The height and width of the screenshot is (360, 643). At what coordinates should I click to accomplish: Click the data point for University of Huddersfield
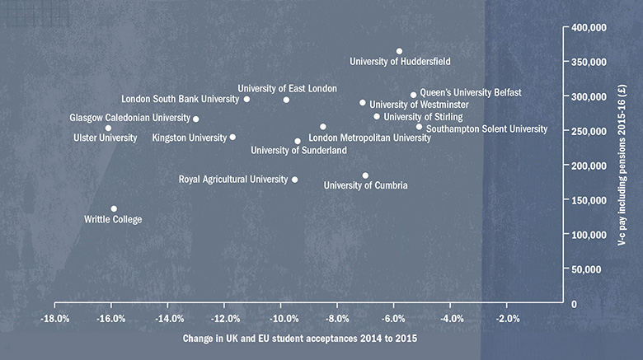coord(399,51)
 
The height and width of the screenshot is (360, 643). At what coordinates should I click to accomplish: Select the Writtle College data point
coord(114,209)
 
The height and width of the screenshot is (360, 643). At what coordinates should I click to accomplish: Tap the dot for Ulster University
coord(108,128)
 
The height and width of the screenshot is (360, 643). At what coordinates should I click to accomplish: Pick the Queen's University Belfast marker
coord(414,95)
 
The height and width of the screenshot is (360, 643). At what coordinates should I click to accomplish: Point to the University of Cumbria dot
coord(365,175)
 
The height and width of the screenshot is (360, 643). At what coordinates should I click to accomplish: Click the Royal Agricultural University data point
coord(295,180)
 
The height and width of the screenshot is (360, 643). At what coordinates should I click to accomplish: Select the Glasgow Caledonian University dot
coord(195,119)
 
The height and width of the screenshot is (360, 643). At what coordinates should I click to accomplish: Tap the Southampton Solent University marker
coord(419,127)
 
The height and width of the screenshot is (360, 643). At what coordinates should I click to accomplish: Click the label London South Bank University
coord(174,100)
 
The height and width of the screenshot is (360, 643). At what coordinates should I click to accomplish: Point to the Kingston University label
coord(189,138)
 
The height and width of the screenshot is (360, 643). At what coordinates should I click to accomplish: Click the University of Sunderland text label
coord(298,151)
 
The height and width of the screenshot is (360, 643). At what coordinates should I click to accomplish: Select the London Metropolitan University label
coord(369,138)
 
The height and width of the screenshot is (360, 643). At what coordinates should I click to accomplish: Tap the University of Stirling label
coord(423,117)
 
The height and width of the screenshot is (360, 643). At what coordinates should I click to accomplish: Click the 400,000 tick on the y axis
coord(589,27)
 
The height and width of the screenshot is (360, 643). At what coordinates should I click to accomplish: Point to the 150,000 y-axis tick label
coord(589,200)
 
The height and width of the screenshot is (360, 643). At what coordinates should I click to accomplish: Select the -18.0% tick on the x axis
coord(54,319)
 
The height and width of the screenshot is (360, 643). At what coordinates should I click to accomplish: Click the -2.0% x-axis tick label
coord(508,319)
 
